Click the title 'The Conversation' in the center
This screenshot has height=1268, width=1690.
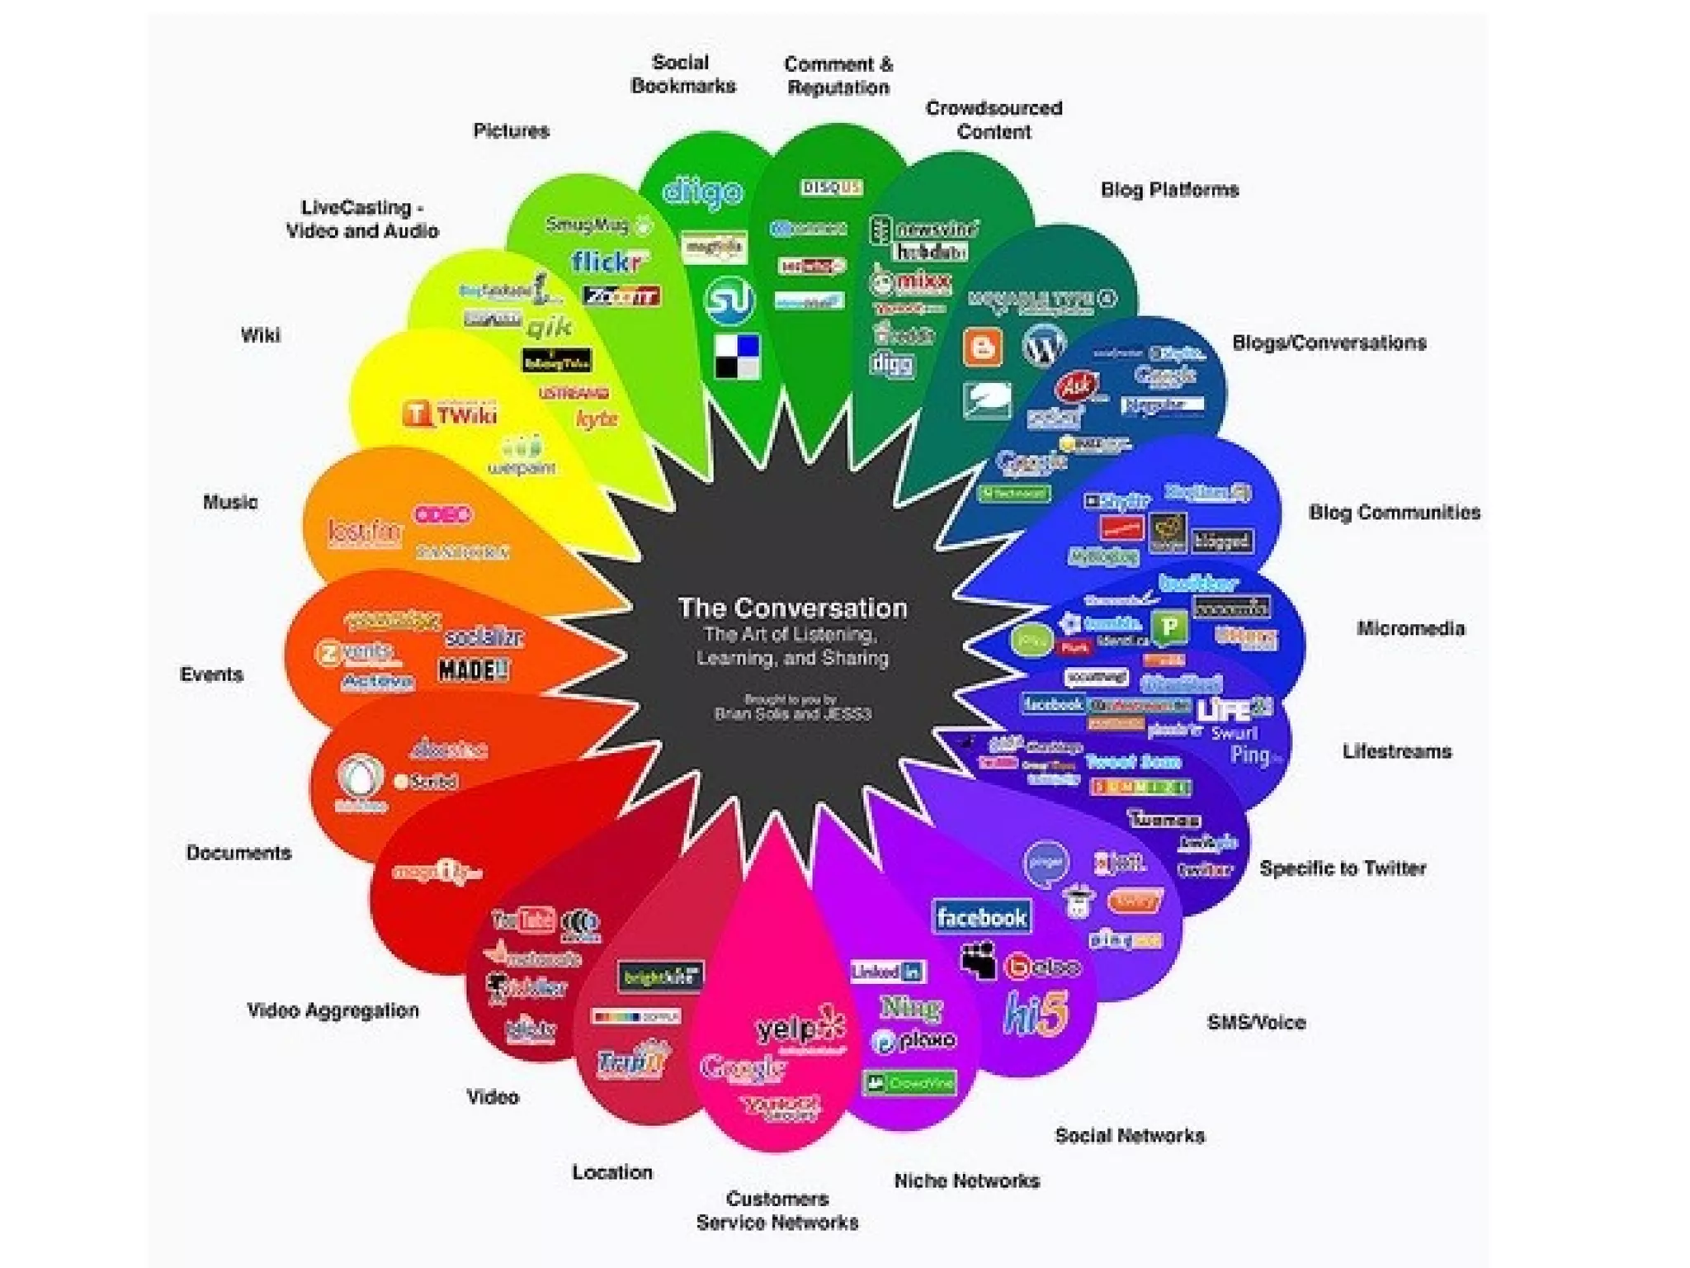point(792,608)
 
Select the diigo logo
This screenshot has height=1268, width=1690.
point(703,192)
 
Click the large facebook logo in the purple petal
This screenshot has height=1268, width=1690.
point(981,917)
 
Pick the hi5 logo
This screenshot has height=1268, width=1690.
point(1036,1013)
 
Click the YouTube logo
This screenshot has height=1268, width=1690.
point(522,919)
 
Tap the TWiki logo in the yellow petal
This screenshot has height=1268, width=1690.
point(451,414)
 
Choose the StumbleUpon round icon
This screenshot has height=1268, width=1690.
point(729,299)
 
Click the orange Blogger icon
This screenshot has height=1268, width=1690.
point(982,347)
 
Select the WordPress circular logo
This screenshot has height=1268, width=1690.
point(1043,346)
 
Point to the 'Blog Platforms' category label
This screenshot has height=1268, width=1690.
point(1169,190)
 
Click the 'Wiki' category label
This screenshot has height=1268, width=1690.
point(260,335)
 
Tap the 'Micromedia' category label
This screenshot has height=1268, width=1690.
point(1410,628)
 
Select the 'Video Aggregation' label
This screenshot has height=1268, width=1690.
point(333,1010)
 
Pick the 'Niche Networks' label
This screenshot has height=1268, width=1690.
point(966,1180)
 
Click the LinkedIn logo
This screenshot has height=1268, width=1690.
point(887,971)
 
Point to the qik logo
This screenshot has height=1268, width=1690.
point(549,328)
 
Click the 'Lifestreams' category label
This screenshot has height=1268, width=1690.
point(1396,751)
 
